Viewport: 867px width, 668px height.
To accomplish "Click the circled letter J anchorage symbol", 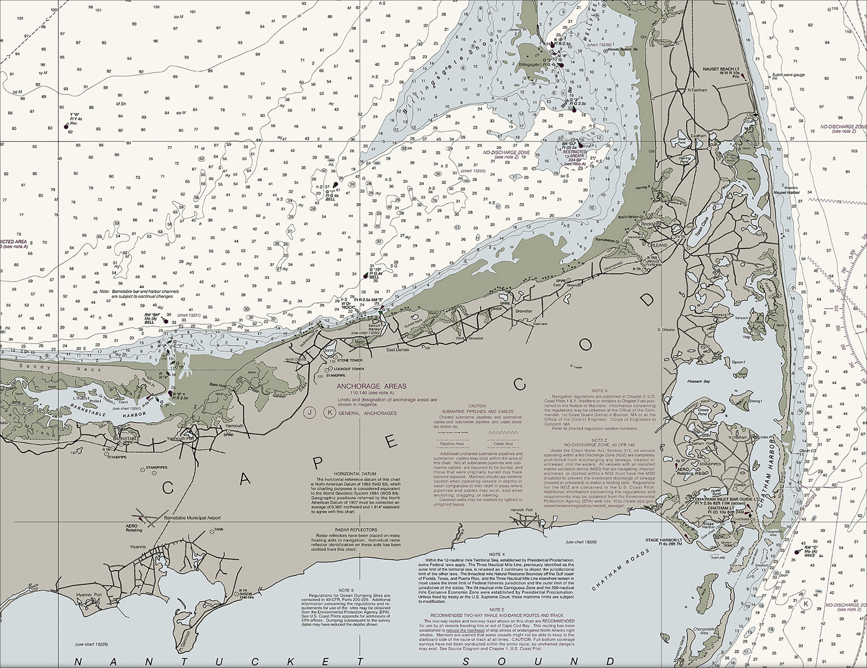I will (x=309, y=412).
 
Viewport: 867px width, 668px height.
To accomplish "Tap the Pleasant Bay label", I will (x=699, y=382).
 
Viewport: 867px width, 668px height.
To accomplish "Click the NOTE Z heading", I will (x=599, y=440).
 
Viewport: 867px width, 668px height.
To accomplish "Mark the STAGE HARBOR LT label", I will (x=663, y=540).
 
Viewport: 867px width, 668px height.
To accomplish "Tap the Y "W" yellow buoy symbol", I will (x=66, y=126).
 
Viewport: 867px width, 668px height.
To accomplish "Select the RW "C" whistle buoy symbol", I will (x=796, y=552).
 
